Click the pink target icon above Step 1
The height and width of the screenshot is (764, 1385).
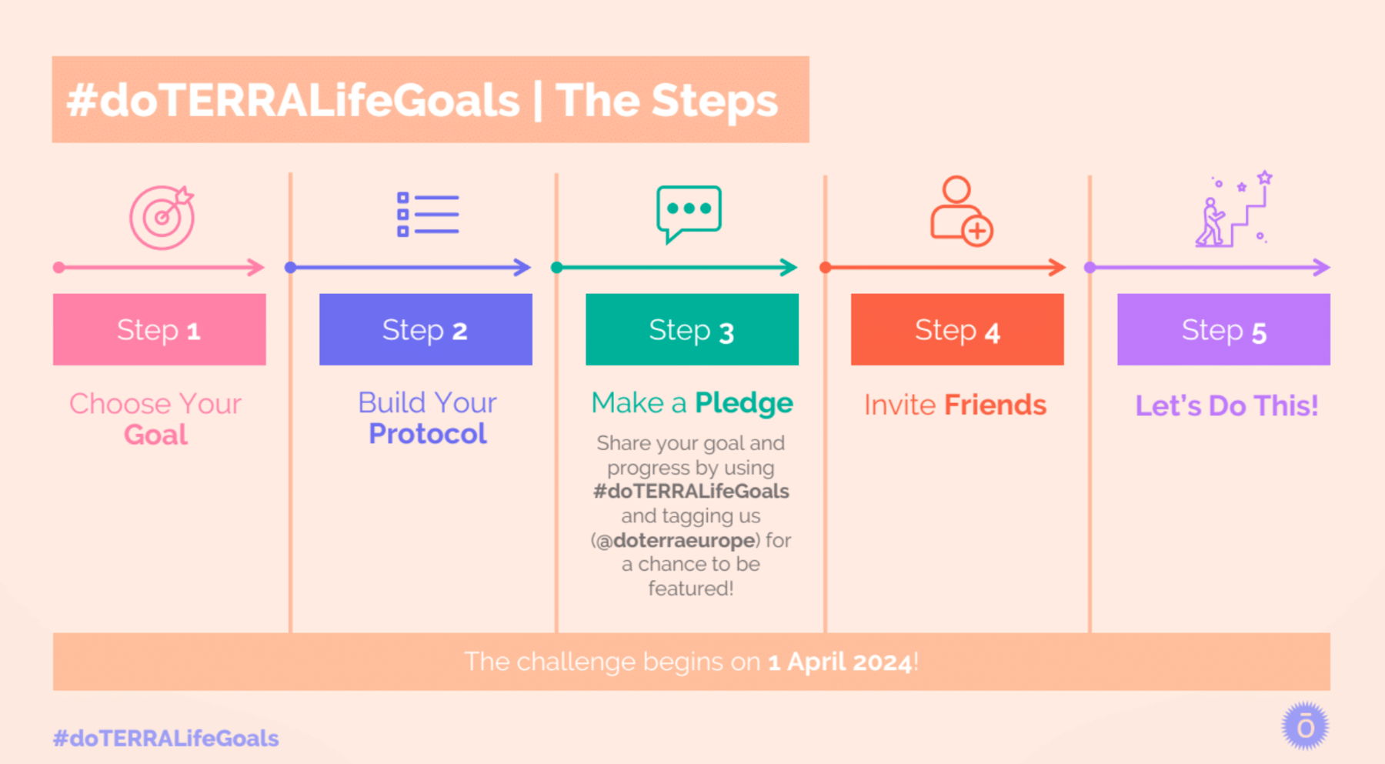(x=162, y=218)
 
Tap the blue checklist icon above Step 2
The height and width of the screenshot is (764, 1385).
(x=428, y=214)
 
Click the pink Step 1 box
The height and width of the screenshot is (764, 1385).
(x=159, y=329)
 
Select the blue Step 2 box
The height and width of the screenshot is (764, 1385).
(x=426, y=329)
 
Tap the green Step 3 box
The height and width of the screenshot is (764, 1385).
(x=692, y=329)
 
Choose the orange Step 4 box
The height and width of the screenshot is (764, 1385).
(x=957, y=329)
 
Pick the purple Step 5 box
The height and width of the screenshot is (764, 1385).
(x=1223, y=329)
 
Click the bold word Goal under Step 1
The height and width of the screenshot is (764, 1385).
(x=155, y=435)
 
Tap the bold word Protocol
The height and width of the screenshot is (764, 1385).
(x=428, y=434)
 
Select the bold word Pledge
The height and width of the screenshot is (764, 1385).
(x=743, y=403)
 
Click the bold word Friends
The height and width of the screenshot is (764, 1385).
(x=996, y=405)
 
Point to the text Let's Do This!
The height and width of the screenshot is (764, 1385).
(x=1226, y=405)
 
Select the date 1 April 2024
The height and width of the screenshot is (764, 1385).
(x=840, y=662)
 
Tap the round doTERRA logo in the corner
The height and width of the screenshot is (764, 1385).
(x=1305, y=726)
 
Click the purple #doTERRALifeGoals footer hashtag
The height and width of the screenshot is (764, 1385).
(x=165, y=739)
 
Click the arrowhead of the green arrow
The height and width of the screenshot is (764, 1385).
(x=789, y=268)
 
